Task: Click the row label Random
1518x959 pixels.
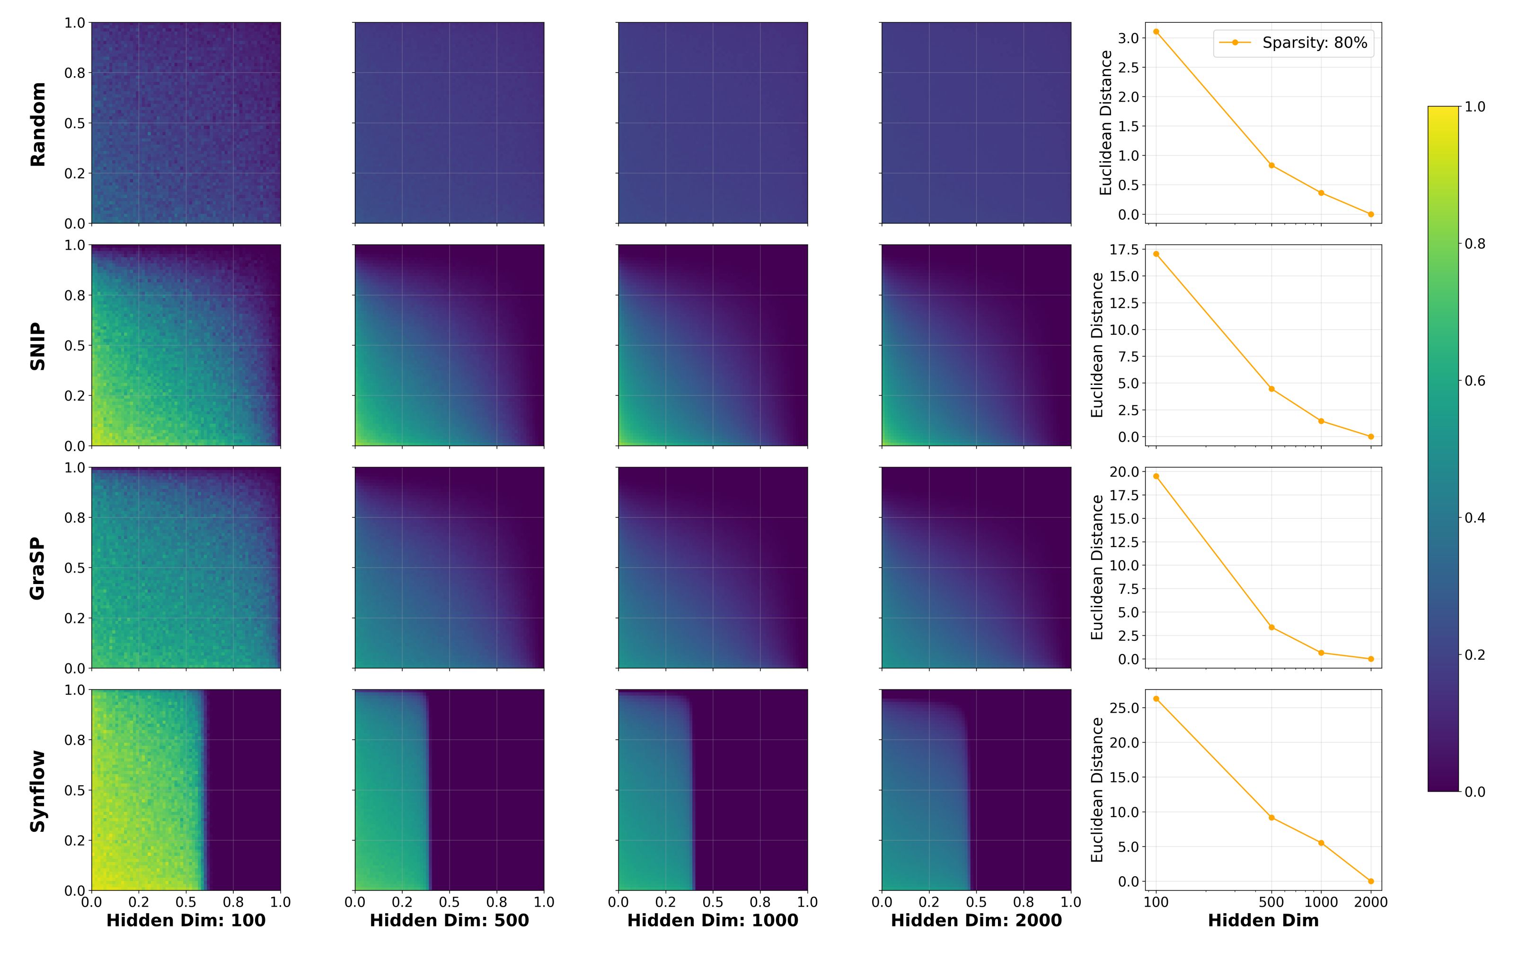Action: click(38, 124)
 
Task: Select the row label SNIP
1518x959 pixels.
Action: click(38, 346)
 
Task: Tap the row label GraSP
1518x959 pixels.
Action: click(38, 568)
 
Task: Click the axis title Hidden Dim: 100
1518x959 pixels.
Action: click(186, 921)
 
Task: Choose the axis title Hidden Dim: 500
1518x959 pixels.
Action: click(450, 921)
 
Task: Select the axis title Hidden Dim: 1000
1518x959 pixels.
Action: click(713, 921)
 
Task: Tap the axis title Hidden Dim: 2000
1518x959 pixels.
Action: click(977, 921)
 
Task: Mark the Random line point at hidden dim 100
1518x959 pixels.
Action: click(1156, 32)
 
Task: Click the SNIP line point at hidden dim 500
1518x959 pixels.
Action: click(1271, 389)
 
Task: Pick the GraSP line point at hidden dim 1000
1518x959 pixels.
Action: click(1321, 653)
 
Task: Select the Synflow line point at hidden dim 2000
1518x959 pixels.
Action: click(1371, 881)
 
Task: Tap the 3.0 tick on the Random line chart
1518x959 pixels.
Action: click(1129, 38)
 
